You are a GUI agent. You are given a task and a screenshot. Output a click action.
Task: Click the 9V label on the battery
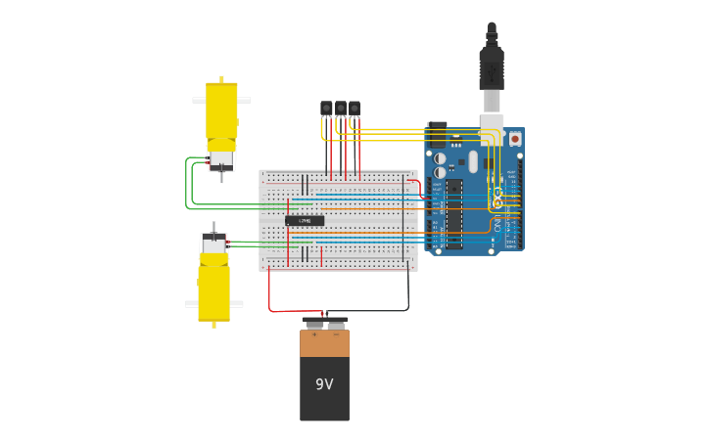click(324, 384)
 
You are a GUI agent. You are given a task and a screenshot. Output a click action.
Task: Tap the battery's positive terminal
click(313, 325)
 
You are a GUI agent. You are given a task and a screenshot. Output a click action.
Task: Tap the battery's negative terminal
click(336, 325)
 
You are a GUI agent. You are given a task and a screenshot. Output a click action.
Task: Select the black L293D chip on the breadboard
click(305, 221)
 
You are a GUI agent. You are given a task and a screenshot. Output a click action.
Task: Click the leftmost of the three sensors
click(326, 109)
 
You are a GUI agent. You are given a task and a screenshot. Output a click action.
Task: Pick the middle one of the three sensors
click(340, 109)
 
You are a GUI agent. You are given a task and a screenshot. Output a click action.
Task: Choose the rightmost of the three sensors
click(354, 109)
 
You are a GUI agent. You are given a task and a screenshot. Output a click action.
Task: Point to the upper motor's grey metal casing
click(221, 158)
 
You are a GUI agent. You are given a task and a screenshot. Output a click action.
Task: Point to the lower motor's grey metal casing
click(213, 244)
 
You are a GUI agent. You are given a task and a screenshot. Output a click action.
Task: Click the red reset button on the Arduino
click(515, 139)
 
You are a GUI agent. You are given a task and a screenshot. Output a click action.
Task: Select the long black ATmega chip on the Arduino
click(454, 213)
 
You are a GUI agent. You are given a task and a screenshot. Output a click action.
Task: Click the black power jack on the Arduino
click(437, 134)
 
